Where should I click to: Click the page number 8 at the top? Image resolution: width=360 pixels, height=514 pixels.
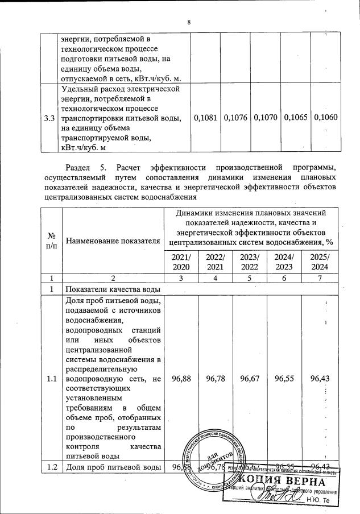(x=189, y=22)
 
